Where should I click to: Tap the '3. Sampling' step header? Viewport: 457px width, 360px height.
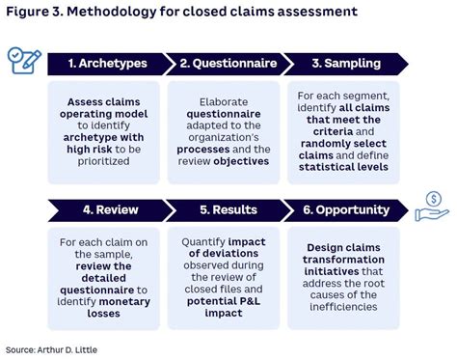[x=347, y=65]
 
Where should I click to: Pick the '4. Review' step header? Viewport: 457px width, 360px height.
[x=103, y=208]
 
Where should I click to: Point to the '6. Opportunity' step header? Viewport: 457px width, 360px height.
[x=347, y=208]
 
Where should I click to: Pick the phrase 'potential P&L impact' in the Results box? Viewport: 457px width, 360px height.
[x=225, y=294]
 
